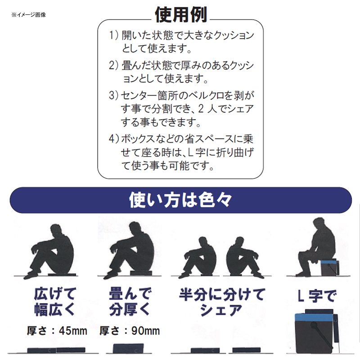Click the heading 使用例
tap(181, 15)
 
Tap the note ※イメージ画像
tap(28, 15)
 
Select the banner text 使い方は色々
tap(180, 200)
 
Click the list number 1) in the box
tap(114, 35)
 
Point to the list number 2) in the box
tap(114, 65)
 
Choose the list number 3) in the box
tap(114, 95)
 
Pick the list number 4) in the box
tap(114, 139)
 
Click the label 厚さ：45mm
tap(57, 331)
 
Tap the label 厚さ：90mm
tap(130, 331)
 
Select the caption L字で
tap(317, 296)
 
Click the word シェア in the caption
tap(221, 310)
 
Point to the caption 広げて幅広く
tap(55, 301)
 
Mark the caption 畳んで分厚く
tap(130, 301)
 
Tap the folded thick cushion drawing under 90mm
tap(128, 348)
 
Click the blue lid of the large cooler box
tap(314, 317)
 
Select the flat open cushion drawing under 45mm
tap(56, 350)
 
